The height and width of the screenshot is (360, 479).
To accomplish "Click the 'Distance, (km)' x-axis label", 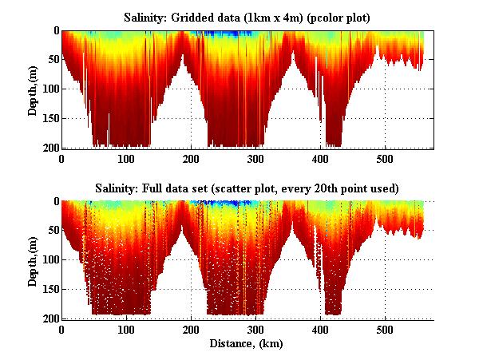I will point(247,343).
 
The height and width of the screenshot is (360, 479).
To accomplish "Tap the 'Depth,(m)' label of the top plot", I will point(33,89).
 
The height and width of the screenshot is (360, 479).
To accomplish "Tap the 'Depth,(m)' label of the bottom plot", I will point(33,260).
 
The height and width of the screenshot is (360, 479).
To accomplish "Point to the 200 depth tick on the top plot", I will point(49,148).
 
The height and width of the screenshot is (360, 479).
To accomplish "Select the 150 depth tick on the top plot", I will point(49,118).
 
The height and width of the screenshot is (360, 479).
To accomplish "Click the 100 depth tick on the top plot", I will point(49,89).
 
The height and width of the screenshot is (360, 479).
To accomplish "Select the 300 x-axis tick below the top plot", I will point(255,158).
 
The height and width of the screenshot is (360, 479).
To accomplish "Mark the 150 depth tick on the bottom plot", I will point(49,289).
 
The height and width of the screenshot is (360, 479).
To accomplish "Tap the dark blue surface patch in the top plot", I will point(222,34).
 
